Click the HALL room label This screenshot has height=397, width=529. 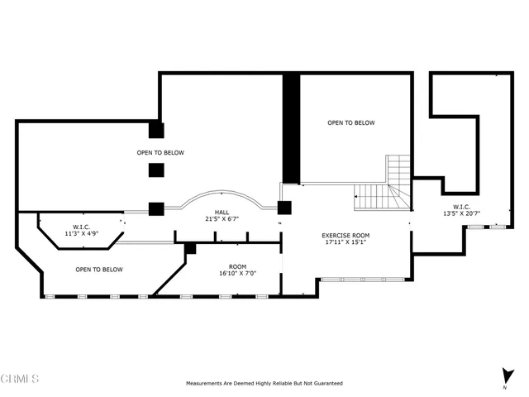[222, 212]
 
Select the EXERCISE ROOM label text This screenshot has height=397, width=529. [346, 235]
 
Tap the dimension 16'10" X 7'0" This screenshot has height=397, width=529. [237, 273]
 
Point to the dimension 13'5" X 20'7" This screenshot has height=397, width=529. [461, 213]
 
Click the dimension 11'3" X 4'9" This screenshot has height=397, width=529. [81, 233]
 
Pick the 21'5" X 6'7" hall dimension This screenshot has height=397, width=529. [222, 218]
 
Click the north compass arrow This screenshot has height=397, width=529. [507, 376]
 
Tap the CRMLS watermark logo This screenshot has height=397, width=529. [20, 379]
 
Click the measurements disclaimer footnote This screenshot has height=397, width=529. [264, 383]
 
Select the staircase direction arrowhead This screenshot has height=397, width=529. [356, 196]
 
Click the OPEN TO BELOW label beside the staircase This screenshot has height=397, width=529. [350, 123]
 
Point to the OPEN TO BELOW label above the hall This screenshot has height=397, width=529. [160, 152]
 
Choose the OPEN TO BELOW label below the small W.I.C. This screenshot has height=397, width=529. [99, 270]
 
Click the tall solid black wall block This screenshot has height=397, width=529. [291, 129]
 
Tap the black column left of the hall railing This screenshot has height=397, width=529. [156, 209]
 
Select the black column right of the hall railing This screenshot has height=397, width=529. [284, 208]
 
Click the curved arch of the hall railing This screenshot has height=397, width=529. [222, 192]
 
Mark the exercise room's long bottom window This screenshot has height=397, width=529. [362, 280]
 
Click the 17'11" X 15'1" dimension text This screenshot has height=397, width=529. [346, 242]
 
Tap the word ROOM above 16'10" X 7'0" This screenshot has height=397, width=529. [237, 266]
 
